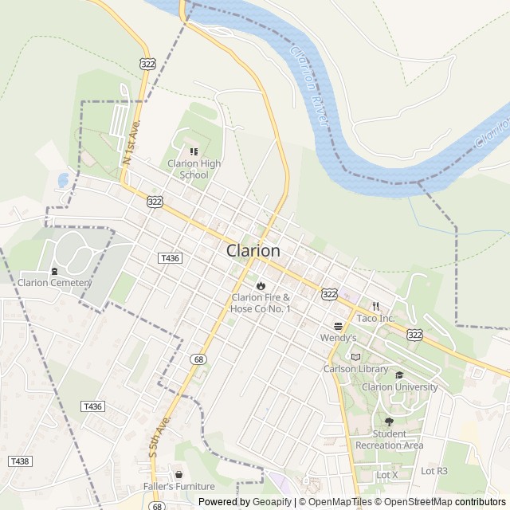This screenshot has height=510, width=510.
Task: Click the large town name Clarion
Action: pyautogui.click(x=253, y=250)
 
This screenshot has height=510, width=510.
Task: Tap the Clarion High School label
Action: pyautogui.click(x=194, y=169)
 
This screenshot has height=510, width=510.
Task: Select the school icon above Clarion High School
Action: pyautogui.click(x=193, y=151)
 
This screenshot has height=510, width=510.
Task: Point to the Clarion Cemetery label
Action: pyautogui.click(x=55, y=282)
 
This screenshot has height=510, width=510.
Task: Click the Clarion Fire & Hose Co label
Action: pyautogui.click(x=261, y=303)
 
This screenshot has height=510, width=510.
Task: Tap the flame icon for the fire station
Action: pyautogui.click(x=261, y=285)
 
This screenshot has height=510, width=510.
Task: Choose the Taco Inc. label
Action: pyautogui.click(x=375, y=318)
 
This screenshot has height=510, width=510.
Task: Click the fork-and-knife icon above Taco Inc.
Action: pyautogui.click(x=375, y=305)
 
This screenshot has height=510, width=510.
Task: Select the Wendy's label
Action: pyautogui.click(x=338, y=338)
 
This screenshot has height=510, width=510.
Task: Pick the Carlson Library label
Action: pyautogui.click(x=355, y=369)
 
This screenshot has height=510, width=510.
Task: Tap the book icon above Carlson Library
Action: pyautogui.click(x=355, y=356)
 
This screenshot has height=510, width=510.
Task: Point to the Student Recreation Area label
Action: pyautogui.click(x=389, y=440)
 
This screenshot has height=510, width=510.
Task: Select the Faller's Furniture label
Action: pyautogui.click(x=179, y=486)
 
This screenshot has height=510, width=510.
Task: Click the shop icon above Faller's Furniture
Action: pyautogui.click(x=179, y=473)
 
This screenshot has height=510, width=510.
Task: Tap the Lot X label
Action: pyautogui.click(x=386, y=475)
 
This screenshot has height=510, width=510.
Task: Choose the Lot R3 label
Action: pyautogui.click(x=434, y=471)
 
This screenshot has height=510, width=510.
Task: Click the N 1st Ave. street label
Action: pyautogui.click(x=131, y=143)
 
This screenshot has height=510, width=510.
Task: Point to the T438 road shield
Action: pyautogui.click(x=19, y=461)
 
